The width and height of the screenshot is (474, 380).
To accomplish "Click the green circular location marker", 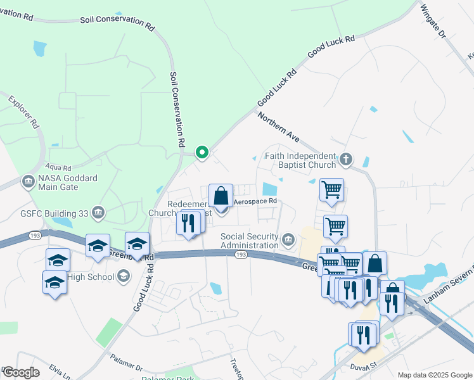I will pos(202,152).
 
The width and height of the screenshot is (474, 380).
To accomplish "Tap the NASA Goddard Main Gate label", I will pos(68,182).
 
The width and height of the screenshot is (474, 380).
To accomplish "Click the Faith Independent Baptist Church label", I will pos(299,160).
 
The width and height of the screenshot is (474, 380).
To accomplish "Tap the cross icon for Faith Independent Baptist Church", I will pos(345,159).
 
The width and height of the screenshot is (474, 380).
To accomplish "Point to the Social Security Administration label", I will pos(249,241).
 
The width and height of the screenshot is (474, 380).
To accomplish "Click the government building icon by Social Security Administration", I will pos(288,239).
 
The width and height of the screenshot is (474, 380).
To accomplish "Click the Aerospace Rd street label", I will pos(256,201).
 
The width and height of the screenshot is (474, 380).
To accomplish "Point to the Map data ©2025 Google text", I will pos(434,375).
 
